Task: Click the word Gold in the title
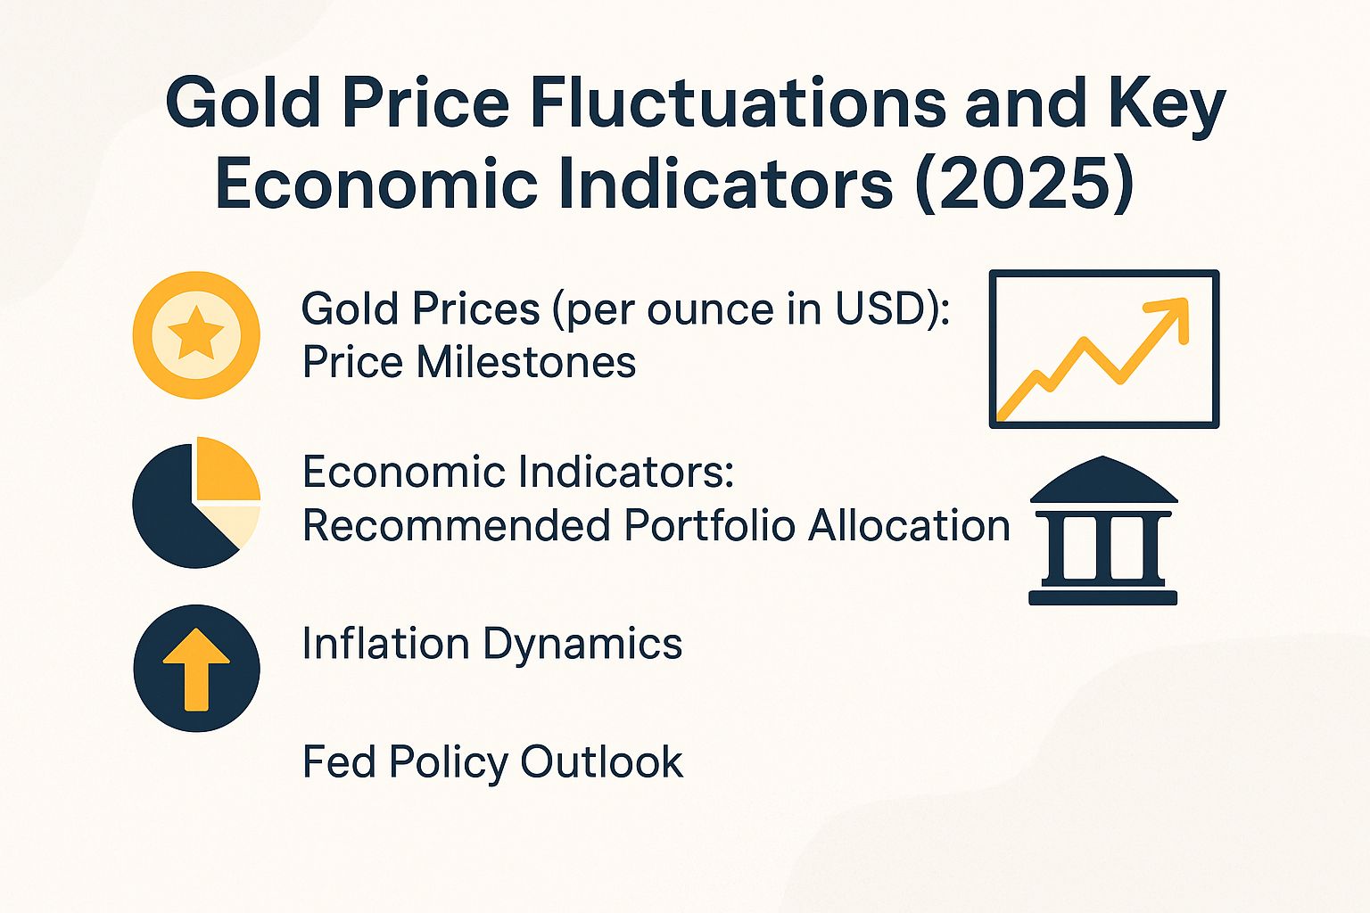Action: [242, 103]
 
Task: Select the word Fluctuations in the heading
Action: [739, 103]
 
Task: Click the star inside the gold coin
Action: [196, 335]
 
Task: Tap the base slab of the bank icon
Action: [1103, 597]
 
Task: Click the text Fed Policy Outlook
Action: [492, 762]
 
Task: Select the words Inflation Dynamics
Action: [492, 644]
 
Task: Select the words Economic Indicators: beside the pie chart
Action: [517, 472]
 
